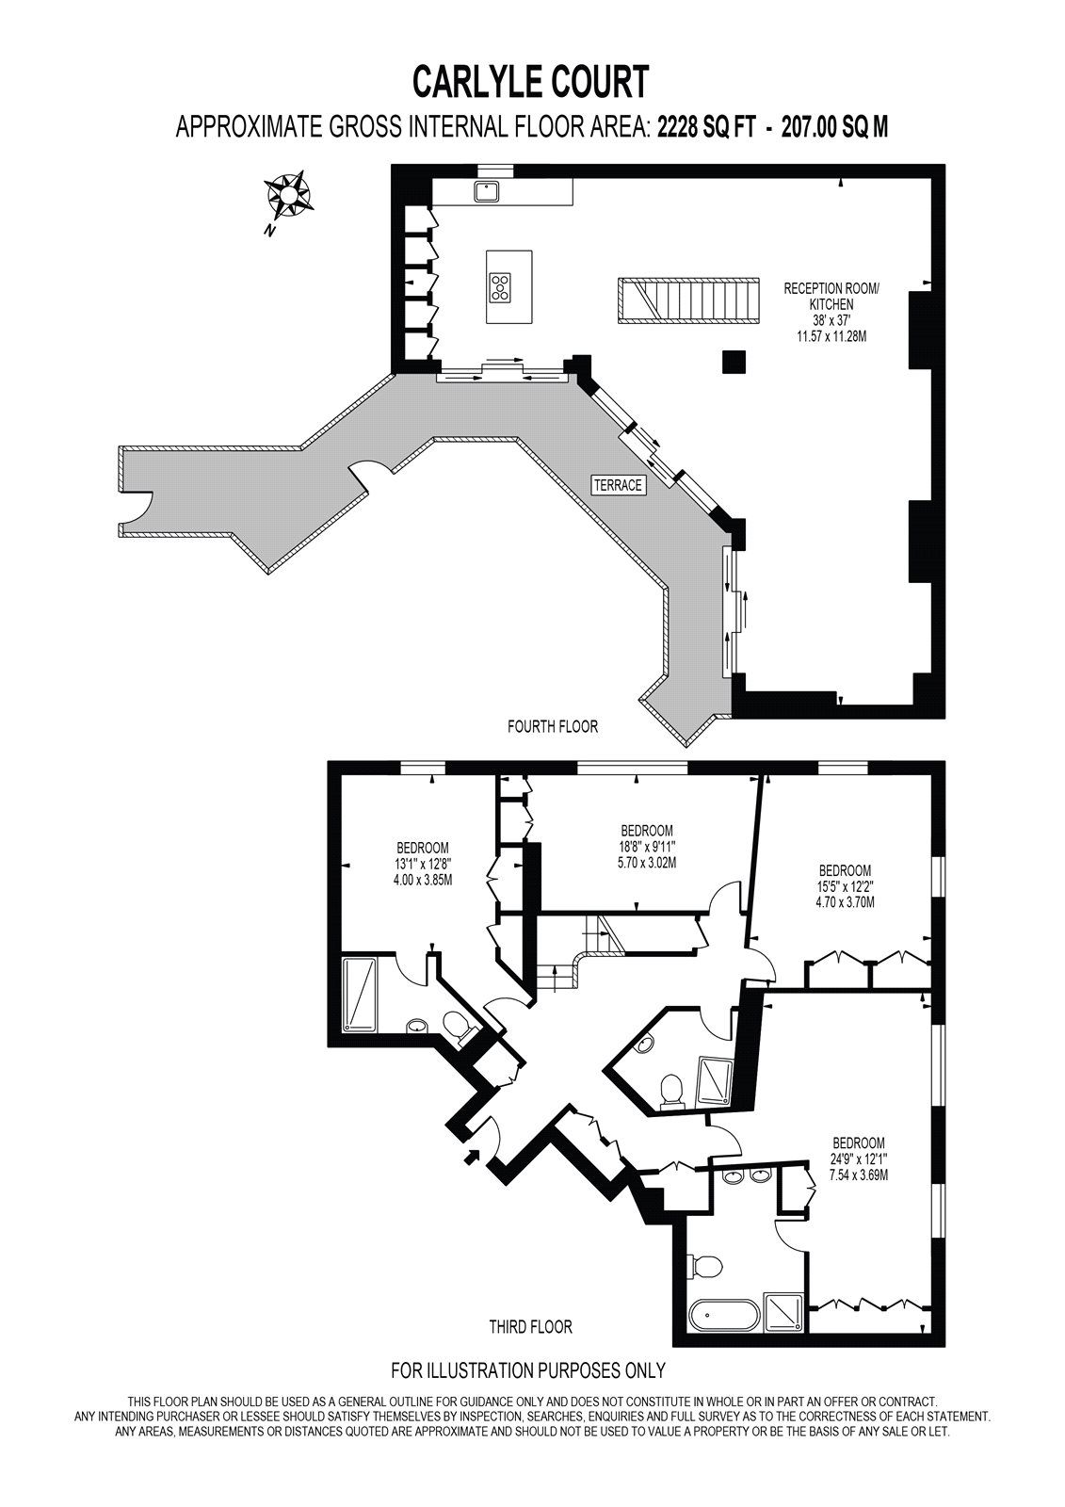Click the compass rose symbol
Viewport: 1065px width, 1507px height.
pos(289,194)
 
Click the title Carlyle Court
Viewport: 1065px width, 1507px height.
pos(531,81)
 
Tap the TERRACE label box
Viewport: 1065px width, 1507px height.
pos(619,485)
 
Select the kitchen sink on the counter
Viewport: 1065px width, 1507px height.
pos(485,192)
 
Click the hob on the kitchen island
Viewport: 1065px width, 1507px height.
pos(500,287)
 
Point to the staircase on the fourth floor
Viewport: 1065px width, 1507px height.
pos(689,300)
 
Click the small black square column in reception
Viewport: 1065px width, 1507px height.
pos(734,362)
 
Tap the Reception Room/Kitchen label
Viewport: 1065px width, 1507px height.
pos(831,312)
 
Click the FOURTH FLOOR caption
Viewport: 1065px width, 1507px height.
pos(553,726)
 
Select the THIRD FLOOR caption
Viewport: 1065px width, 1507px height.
pos(531,1327)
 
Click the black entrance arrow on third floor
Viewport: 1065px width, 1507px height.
pos(473,1156)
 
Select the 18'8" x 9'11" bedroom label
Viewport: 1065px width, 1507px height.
pos(647,847)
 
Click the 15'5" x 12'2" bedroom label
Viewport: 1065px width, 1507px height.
pos(845,886)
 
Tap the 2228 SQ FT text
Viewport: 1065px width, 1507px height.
pos(706,126)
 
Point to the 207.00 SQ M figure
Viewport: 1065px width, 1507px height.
pos(834,126)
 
